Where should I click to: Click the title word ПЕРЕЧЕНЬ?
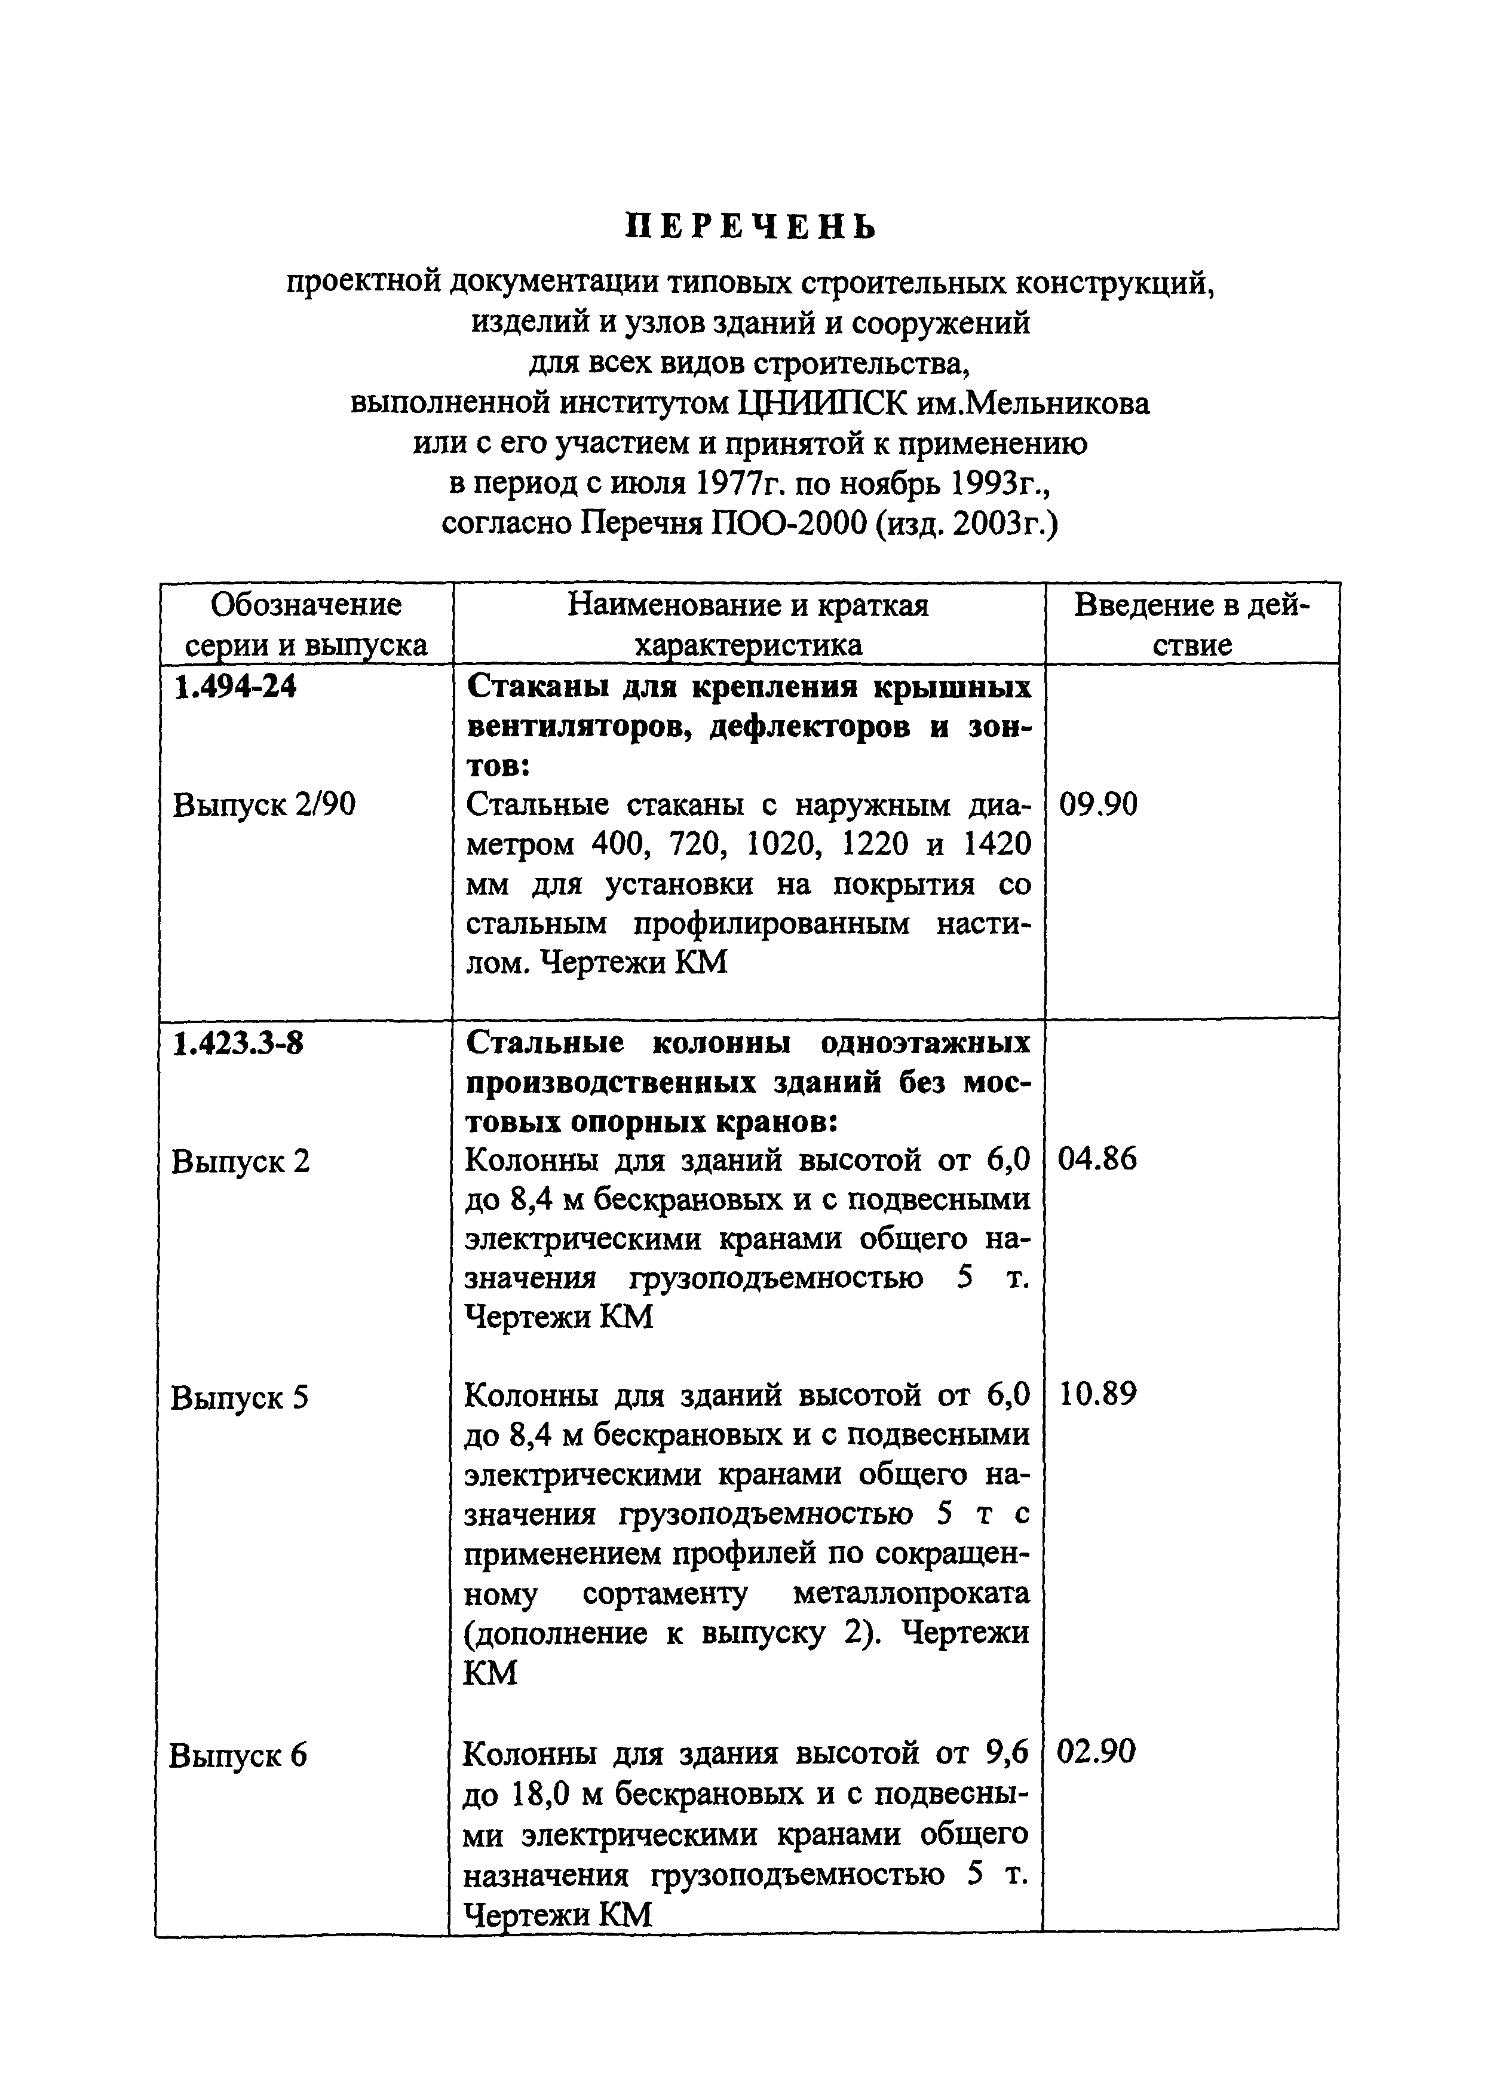click(x=750, y=227)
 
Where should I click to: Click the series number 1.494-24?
click(x=235, y=686)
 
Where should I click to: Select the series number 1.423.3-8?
click(x=238, y=1042)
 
